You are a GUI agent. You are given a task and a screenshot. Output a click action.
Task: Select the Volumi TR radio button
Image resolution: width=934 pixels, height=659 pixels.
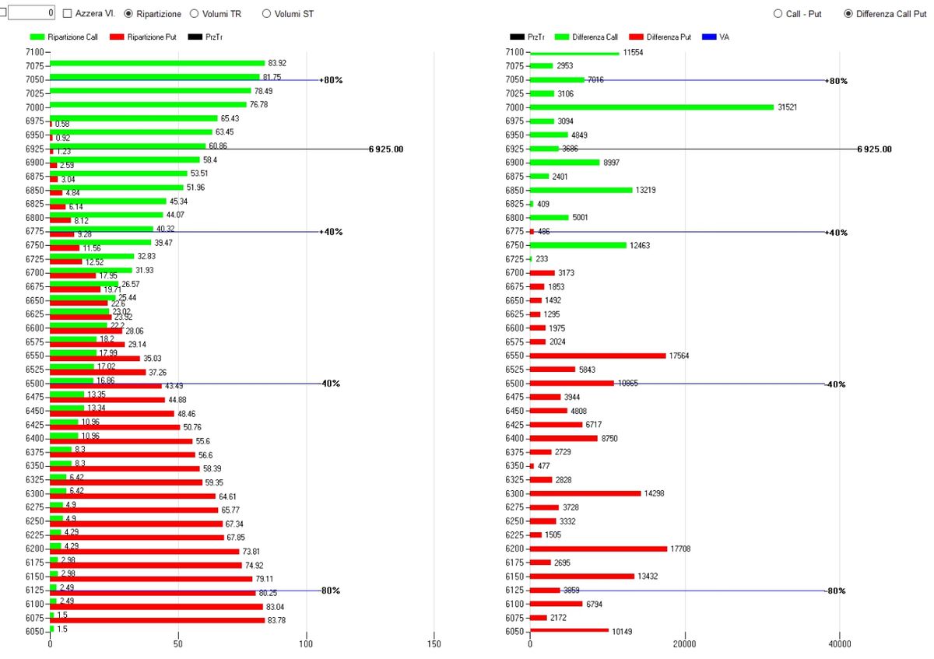coord(195,14)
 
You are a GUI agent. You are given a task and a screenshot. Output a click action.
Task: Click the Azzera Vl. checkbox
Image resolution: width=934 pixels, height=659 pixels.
coord(68,14)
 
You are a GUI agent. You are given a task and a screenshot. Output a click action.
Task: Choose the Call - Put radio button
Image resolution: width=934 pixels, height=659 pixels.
coord(778,14)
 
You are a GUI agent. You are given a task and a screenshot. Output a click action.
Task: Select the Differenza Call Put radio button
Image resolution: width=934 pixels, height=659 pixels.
coord(848,14)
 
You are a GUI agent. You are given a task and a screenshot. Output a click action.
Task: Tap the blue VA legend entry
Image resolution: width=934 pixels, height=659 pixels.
coord(708,37)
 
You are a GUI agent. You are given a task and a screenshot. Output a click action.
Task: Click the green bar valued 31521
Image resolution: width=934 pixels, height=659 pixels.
coord(651,107)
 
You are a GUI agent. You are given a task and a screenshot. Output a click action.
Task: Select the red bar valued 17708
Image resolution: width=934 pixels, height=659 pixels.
coord(599,549)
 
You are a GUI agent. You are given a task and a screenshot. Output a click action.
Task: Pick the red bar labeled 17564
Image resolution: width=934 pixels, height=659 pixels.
coord(598,356)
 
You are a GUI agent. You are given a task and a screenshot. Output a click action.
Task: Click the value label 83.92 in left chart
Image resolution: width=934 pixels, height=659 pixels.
coord(277,63)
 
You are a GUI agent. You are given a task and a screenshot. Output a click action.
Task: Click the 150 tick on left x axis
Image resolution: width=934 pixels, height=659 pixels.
coord(434,644)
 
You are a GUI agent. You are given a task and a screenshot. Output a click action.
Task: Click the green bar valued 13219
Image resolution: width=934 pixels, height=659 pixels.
coord(581,190)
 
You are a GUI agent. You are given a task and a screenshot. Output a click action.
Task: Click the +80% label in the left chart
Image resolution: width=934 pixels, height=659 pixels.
coord(332,80)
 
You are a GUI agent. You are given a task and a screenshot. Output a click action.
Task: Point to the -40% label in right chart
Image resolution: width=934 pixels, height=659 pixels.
coord(837,384)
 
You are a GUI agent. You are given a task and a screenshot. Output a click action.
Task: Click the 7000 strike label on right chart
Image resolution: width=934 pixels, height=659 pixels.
coord(514,107)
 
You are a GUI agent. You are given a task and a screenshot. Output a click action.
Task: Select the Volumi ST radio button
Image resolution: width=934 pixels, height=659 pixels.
coord(267,14)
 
